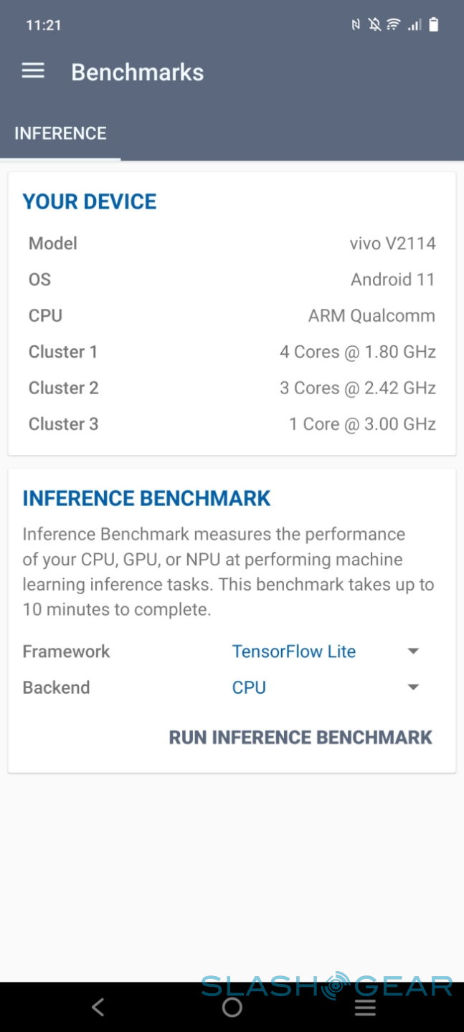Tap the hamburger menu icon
point(33,71)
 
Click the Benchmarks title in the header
point(138,72)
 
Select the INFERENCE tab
point(60,133)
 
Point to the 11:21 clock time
point(43,25)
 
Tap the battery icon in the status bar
point(434,24)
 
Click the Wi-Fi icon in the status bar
point(393,24)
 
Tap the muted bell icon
point(374,24)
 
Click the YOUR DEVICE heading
point(90,201)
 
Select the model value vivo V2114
point(392,243)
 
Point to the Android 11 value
point(393,279)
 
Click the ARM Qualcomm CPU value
point(371,315)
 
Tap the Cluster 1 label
point(63,351)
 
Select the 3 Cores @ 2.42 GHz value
point(358,388)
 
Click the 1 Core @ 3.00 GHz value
point(363,424)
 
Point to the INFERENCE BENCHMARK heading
point(147,498)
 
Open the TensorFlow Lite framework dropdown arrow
point(413,651)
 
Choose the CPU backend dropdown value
point(249,687)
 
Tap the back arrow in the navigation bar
point(98,1007)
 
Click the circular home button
point(232,1007)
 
